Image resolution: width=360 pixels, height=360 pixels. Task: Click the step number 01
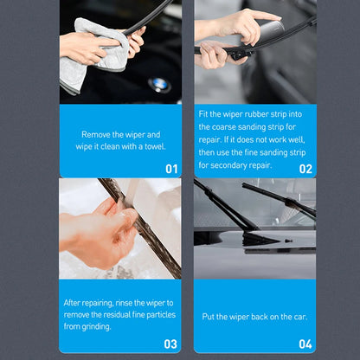click(x=170, y=169)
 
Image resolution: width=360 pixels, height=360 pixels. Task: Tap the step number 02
click(x=305, y=169)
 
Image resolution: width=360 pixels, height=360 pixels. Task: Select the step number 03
click(x=170, y=344)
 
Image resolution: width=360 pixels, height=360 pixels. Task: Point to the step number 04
click(x=305, y=344)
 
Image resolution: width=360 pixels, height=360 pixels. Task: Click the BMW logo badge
click(x=158, y=85)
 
